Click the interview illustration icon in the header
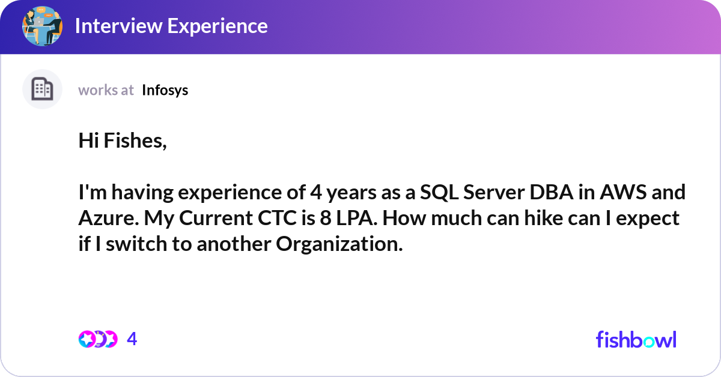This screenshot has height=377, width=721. pyautogui.click(x=42, y=26)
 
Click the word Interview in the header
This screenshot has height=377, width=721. pyautogui.click(x=119, y=26)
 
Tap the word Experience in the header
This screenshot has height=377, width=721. pyautogui.click(x=218, y=26)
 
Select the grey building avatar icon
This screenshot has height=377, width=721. pyautogui.click(x=42, y=89)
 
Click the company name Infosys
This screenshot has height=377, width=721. pyautogui.click(x=165, y=91)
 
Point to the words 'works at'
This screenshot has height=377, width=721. pyautogui.click(x=106, y=90)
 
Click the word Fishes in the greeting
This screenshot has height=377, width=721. pyautogui.click(x=135, y=140)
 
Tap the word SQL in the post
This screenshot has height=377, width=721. pyautogui.click(x=439, y=192)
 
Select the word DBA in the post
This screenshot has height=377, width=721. pyautogui.click(x=552, y=192)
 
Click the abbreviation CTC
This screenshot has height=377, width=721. pyautogui.click(x=277, y=218)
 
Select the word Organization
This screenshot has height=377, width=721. pyautogui.click(x=339, y=244)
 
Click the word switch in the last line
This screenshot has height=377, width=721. pyautogui.click(x=136, y=244)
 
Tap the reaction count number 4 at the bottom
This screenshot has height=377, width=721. pyautogui.click(x=132, y=339)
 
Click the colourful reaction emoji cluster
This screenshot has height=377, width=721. pyautogui.click(x=98, y=339)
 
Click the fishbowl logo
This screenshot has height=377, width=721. pyautogui.click(x=636, y=339)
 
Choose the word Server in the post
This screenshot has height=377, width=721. pyautogui.click(x=494, y=192)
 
